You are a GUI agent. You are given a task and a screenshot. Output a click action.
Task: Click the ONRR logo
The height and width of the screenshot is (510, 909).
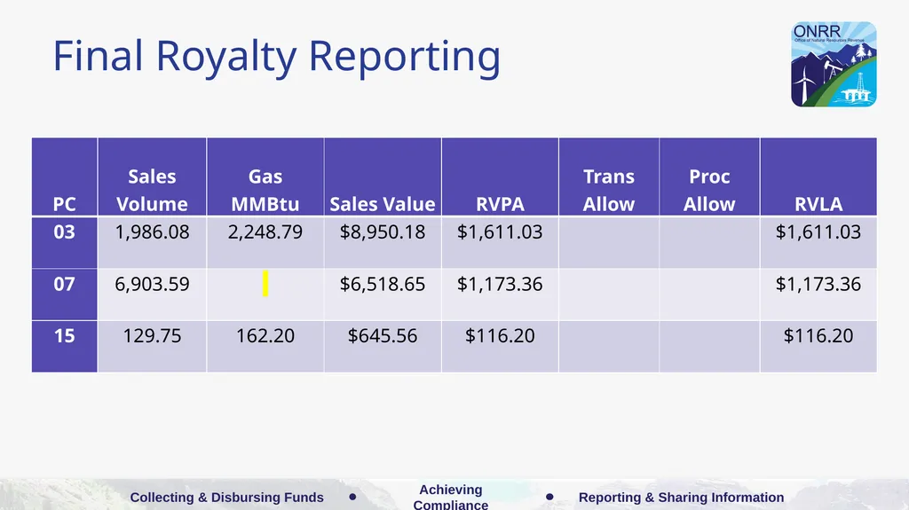tap(834, 65)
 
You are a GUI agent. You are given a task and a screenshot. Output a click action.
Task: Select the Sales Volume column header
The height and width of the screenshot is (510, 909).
tap(152, 190)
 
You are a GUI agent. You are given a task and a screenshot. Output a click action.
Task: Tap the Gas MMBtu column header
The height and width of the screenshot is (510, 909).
tap(265, 190)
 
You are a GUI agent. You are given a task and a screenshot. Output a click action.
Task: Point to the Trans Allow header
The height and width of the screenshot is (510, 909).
tap(609, 190)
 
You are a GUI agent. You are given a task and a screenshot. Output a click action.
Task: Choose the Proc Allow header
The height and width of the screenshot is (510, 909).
tap(709, 190)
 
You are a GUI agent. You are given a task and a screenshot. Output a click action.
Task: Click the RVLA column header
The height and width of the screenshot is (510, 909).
tap(818, 204)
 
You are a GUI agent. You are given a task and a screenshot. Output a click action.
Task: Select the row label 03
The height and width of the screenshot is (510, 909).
tap(64, 231)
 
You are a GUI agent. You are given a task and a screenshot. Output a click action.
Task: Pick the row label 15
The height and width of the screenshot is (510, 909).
tap(64, 335)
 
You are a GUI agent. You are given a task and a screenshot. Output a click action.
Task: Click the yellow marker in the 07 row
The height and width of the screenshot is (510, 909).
tap(265, 284)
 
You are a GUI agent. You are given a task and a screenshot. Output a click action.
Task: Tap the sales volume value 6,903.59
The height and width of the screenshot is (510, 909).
tap(152, 284)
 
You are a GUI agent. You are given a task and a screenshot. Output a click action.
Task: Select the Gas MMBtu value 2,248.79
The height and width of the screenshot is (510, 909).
tap(265, 231)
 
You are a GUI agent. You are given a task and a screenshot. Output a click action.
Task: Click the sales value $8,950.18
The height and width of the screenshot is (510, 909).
tap(383, 231)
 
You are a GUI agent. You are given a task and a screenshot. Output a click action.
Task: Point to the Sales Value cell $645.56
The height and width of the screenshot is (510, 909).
tap(383, 335)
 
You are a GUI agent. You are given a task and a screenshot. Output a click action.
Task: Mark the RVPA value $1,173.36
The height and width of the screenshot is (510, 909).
tap(500, 284)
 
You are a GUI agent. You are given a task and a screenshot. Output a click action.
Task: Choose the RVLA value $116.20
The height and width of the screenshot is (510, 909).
tap(818, 335)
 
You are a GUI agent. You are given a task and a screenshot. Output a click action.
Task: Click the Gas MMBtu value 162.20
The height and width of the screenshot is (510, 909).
tap(265, 335)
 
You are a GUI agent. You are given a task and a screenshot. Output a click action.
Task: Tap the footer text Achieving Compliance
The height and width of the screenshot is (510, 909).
tap(450, 497)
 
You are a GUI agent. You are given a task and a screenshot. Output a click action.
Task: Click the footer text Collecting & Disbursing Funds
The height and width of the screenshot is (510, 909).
tap(226, 498)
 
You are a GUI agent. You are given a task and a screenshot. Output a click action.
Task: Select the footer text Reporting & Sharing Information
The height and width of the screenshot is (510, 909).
tap(681, 498)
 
